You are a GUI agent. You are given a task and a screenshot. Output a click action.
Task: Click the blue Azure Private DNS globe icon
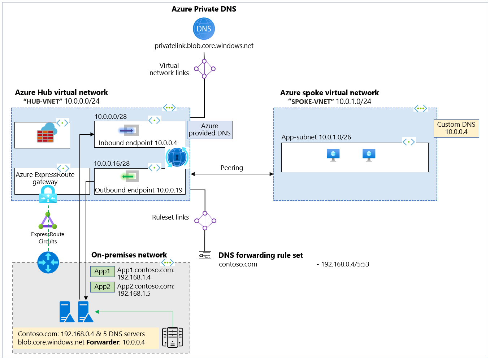(204, 29)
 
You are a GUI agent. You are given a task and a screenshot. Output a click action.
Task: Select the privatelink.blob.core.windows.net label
(204, 46)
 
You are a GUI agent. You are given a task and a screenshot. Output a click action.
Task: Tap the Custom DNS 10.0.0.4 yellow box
(456, 128)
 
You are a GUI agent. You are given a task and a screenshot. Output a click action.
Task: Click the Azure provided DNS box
(209, 130)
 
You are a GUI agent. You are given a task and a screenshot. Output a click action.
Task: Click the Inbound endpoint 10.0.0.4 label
(138, 143)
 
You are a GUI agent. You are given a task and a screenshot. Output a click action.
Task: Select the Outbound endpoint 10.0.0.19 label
(139, 190)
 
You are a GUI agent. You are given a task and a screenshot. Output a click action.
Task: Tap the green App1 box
(102, 271)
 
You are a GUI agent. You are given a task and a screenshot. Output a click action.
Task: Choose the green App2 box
(102, 287)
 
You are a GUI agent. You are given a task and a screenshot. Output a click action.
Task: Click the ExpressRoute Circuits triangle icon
(48, 221)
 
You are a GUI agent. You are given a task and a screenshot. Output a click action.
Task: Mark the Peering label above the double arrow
(231, 168)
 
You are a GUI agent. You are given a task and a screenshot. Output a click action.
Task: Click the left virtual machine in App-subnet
(333, 155)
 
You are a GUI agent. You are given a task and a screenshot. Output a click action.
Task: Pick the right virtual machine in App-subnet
(369, 155)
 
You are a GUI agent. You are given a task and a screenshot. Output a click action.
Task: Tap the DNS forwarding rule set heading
(260, 255)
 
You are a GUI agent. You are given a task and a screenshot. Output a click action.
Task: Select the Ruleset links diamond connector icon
(205, 221)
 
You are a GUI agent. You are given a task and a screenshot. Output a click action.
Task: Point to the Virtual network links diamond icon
(204, 69)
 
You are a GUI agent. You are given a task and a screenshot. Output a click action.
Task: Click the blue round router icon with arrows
(48, 263)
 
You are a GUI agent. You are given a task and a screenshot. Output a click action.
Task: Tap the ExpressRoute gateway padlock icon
(48, 195)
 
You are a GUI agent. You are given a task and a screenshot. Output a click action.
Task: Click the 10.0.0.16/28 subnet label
(112, 164)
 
